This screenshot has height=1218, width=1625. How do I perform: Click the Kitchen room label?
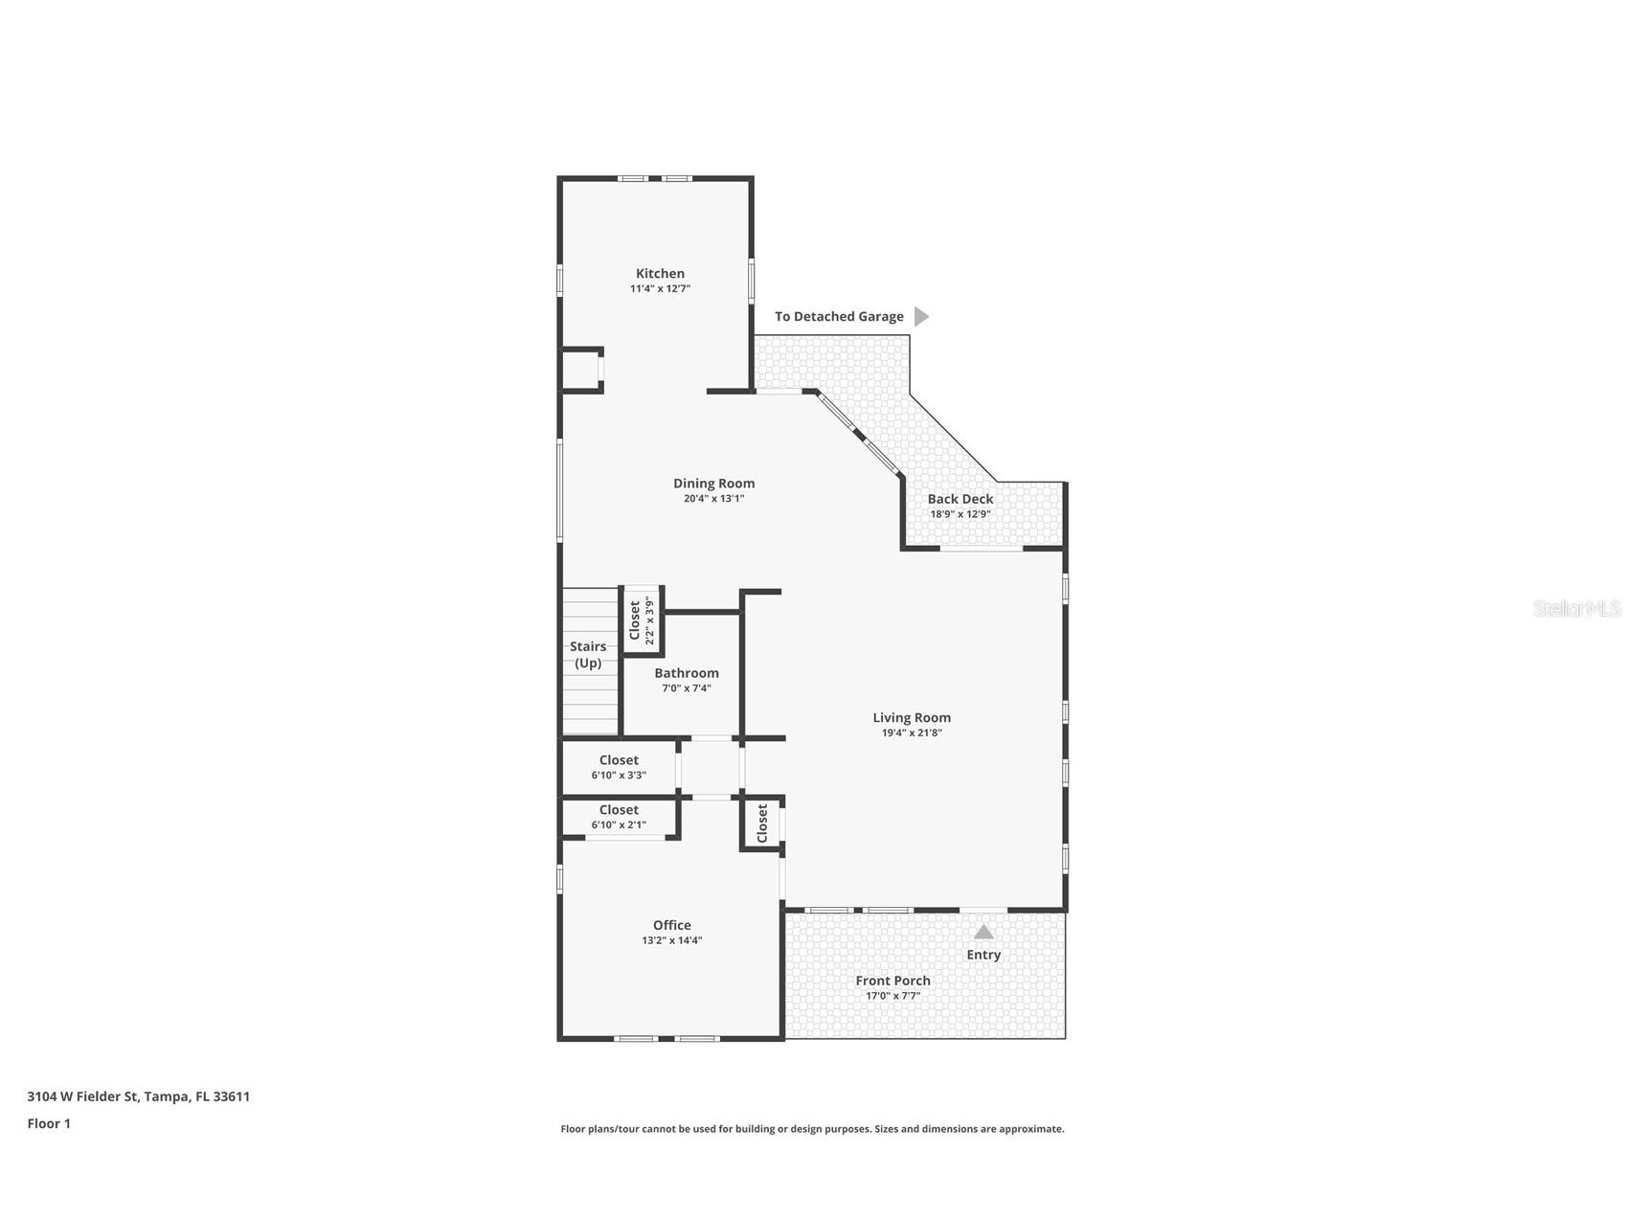tap(660, 274)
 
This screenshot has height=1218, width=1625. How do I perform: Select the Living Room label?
tap(912, 717)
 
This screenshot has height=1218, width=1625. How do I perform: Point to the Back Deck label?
tap(960, 499)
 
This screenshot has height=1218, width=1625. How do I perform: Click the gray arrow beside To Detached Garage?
tap(920, 317)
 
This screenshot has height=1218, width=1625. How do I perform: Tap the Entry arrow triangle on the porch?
tap(983, 932)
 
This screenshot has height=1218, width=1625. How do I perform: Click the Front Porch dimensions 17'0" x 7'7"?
tap(893, 996)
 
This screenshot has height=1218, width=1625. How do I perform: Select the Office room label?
tap(672, 925)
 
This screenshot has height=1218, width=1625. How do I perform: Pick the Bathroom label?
tap(687, 673)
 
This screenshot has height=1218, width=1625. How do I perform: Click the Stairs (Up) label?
tap(588, 654)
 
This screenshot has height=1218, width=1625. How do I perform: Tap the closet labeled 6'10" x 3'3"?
tap(619, 767)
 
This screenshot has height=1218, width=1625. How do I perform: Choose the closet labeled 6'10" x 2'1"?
tap(619, 817)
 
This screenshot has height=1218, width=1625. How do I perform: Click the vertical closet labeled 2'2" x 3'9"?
tap(642, 620)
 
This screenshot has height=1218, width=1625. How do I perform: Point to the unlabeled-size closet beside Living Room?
tap(762, 823)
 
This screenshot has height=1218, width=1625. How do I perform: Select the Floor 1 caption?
tap(49, 1124)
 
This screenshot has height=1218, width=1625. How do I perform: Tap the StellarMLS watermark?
tap(1576, 609)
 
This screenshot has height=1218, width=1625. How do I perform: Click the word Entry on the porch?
tap(983, 955)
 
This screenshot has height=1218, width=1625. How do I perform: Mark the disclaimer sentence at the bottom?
tap(812, 1129)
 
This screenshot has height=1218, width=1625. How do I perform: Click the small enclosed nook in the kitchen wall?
tap(580, 370)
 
